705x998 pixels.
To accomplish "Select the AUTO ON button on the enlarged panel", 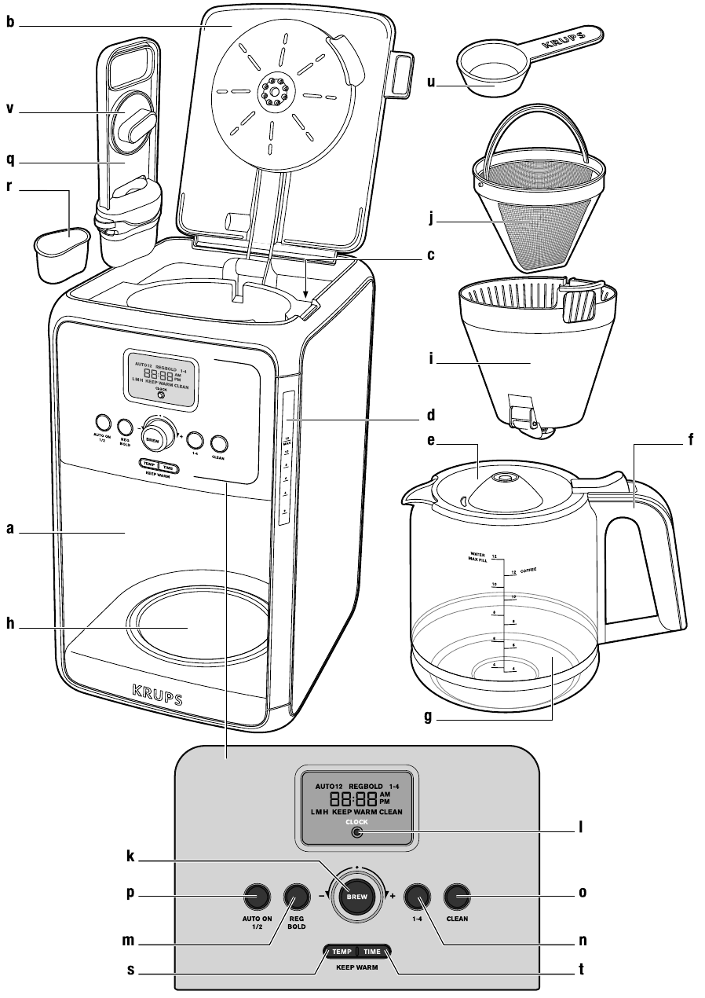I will point(256,897).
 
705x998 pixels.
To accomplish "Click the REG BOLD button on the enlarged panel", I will point(298,897).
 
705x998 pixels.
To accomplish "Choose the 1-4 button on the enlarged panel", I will point(417,897).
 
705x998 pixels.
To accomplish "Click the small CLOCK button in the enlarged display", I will point(358,833).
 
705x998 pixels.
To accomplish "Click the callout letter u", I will point(431,80).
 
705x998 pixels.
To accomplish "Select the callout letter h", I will point(10,627).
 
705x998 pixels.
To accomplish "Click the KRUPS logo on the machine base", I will point(157,695).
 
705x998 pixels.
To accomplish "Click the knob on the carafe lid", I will point(502,477).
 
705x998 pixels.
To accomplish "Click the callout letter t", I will point(580,970).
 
